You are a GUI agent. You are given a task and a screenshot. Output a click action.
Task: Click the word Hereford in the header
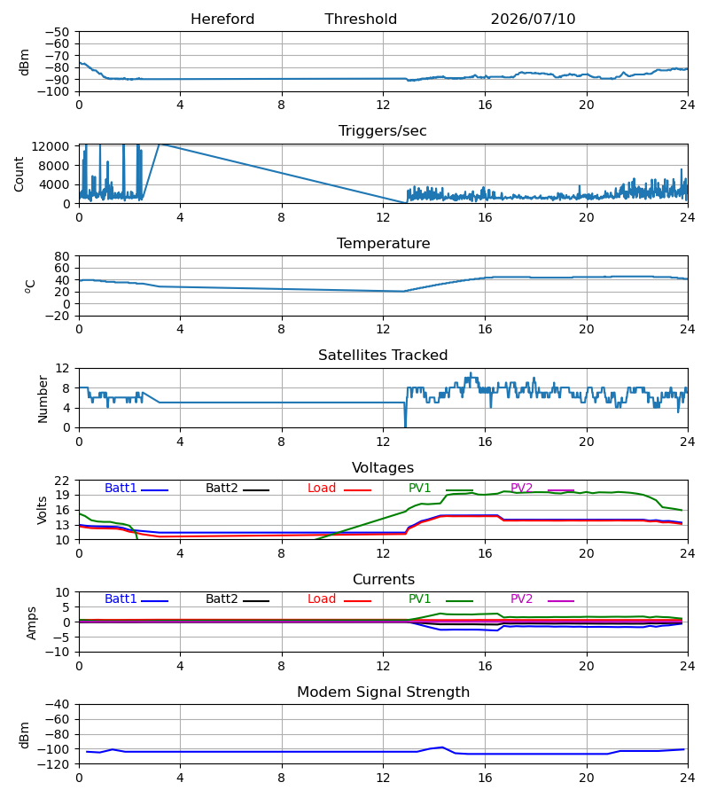click(x=222, y=20)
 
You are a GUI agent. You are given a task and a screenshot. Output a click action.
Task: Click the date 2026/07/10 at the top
click(x=533, y=20)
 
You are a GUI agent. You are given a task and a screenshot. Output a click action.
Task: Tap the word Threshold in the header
click(x=361, y=20)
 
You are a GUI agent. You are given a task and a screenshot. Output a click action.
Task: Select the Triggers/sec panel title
click(x=383, y=131)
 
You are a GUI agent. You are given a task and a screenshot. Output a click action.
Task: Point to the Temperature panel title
click(x=383, y=243)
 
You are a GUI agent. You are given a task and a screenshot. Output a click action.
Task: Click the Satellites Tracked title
click(x=383, y=356)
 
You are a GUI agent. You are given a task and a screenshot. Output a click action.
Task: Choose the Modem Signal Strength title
click(x=383, y=692)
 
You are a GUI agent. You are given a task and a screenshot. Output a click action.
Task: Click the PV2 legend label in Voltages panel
click(x=521, y=488)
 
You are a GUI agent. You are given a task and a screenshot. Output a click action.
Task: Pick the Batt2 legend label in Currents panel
click(x=222, y=599)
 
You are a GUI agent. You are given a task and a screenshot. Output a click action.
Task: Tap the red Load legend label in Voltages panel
click(x=322, y=488)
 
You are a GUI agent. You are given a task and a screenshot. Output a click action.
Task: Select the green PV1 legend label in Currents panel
click(x=419, y=599)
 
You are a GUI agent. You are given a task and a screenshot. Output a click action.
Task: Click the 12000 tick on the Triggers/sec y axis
click(x=51, y=146)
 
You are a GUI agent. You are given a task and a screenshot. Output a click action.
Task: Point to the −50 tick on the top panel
click(x=57, y=32)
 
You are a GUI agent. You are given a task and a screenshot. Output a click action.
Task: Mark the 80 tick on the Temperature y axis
click(x=61, y=256)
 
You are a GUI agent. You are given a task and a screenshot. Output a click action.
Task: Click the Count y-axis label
click(x=19, y=174)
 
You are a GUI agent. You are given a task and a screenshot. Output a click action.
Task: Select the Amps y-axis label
click(x=32, y=623)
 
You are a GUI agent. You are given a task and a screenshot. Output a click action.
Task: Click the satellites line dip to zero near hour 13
click(x=405, y=426)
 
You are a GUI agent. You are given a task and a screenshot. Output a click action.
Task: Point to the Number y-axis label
click(x=43, y=399)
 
